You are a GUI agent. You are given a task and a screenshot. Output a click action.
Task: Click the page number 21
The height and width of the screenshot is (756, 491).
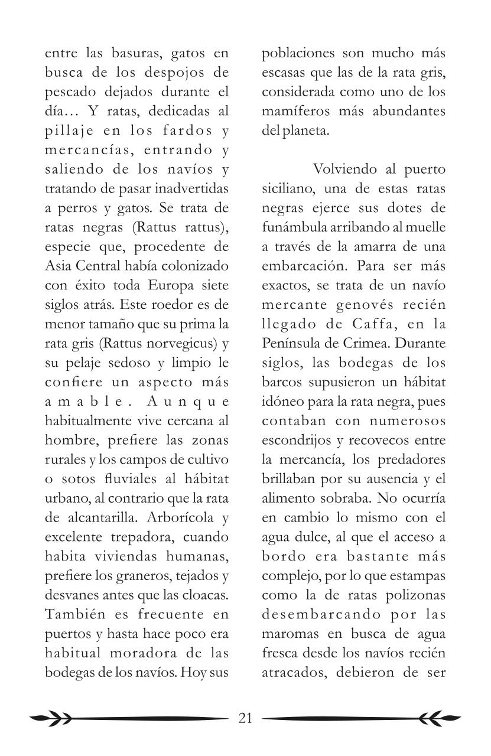coord(245,718)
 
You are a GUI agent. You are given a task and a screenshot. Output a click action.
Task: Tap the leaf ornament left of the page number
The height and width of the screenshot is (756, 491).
coord(50,718)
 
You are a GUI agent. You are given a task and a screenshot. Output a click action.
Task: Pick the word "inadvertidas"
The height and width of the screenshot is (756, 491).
coord(190,189)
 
